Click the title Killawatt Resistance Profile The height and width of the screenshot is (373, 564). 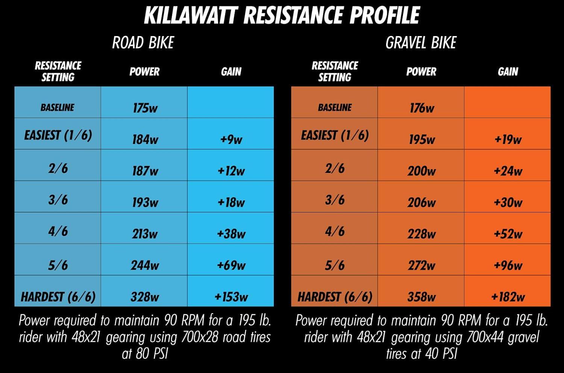pyautogui.click(x=282, y=16)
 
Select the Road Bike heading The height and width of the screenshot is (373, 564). pyautogui.click(x=143, y=43)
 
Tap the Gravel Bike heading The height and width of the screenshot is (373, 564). pyautogui.click(x=421, y=43)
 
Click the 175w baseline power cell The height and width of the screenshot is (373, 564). pyautogui.click(x=145, y=108)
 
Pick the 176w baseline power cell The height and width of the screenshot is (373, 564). pyautogui.click(x=421, y=108)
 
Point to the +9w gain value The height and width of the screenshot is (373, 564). pyautogui.click(x=231, y=139)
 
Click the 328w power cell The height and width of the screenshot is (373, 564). pyautogui.click(x=145, y=297)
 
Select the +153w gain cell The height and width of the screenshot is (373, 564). pyautogui.click(x=231, y=297)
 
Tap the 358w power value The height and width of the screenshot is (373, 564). pyautogui.click(x=421, y=297)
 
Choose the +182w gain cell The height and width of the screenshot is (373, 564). pyautogui.click(x=508, y=297)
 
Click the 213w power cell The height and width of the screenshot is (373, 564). pyautogui.click(x=145, y=234)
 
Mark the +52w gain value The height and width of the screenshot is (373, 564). pyautogui.click(x=508, y=234)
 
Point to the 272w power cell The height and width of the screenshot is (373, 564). pyautogui.click(x=421, y=265)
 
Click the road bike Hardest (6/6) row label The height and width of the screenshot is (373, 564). pyautogui.click(x=58, y=297)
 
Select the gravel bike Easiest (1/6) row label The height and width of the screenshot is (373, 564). pyautogui.click(x=335, y=135)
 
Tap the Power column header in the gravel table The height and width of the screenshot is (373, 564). pyautogui.click(x=421, y=71)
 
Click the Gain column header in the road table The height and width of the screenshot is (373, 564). pyautogui.click(x=231, y=71)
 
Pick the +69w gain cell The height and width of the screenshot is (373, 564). pyautogui.click(x=231, y=265)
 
